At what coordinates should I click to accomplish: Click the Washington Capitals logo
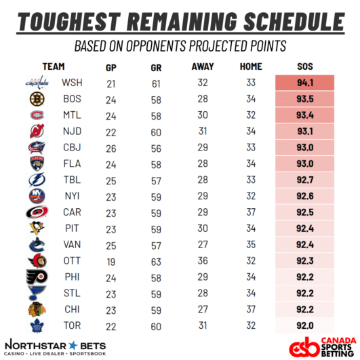(x=37, y=83)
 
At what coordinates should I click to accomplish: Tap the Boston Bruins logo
(x=37, y=99)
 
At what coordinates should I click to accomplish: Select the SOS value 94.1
(x=305, y=83)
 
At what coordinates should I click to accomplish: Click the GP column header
(x=111, y=68)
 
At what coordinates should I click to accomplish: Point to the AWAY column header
(x=203, y=66)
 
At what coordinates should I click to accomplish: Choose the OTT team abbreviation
(x=72, y=261)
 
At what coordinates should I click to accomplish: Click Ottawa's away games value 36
(x=203, y=261)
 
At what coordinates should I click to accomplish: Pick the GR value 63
(x=156, y=262)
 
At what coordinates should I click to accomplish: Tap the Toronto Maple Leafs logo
(x=37, y=325)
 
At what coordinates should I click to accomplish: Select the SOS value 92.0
(x=305, y=325)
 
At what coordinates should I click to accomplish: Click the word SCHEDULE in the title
(x=294, y=22)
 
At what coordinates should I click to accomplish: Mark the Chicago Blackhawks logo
(x=37, y=309)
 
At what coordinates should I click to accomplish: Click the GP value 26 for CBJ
(x=111, y=148)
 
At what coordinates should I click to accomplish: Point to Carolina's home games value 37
(x=251, y=212)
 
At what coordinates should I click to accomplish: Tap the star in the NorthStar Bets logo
(x=73, y=346)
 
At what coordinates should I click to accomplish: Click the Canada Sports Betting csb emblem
(x=304, y=347)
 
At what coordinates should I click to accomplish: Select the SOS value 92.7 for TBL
(x=305, y=180)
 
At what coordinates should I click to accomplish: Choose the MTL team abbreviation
(x=72, y=115)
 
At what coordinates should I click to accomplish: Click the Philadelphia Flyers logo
(x=37, y=277)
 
